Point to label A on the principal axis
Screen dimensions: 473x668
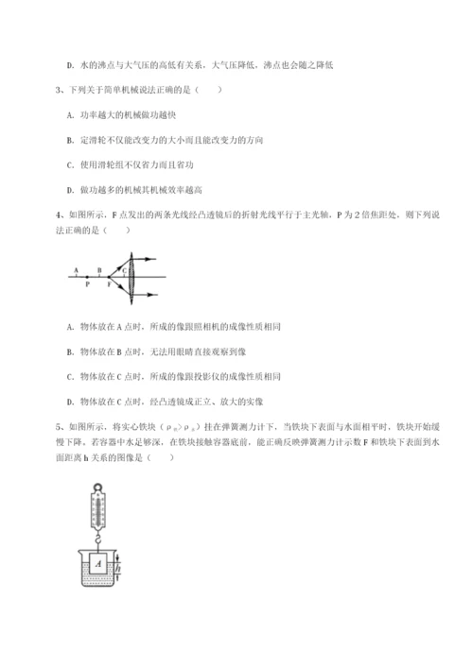pos(73,268)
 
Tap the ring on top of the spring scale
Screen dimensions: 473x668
pos(99,485)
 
